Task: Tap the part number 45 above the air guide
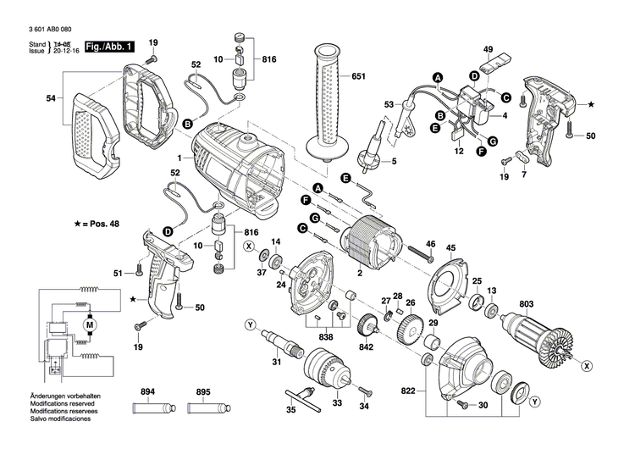[x=450, y=249]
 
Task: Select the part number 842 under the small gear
[x=367, y=348]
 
